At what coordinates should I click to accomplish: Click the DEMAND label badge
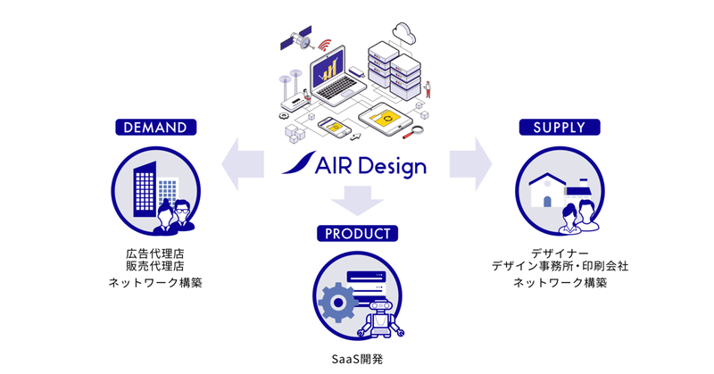pyautogui.click(x=155, y=127)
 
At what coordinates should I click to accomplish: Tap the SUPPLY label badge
pyautogui.click(x=560, y=127)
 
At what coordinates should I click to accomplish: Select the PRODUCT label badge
pyautogui.click(x=358, y=234)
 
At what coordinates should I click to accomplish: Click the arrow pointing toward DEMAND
pyautogui.click(x=242, y=164)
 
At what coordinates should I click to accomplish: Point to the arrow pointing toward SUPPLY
pyautogui.click(x=471, y=164)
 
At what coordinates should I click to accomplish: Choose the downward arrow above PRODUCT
pyautogui.click(x=358, y=201)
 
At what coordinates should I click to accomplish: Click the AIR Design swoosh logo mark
pyautogui.click(x=299, y=162)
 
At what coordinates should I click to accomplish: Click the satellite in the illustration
pyautogui.click(x=296, y=38)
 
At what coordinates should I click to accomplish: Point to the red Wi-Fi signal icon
pyautogui.click(x=325, y=45)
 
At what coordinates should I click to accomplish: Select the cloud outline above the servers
pyautogui.click(x=404, y=33)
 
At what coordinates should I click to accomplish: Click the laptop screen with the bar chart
pyautogui.click(x=329, y=68)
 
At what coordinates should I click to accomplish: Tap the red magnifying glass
pyautogui.click(x=412, y=133)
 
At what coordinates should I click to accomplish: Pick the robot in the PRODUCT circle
pyautogui.click(x=381, y=320)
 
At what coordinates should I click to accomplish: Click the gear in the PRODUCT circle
pyautogui.click(x=337, y=303)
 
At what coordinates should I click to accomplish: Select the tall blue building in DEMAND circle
pyautogui.click(x=145, y=189)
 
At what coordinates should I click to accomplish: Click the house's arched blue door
pyautogui.click(x=547, y=201)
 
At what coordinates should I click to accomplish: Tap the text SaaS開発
pyautogui.click(x=358, y=360)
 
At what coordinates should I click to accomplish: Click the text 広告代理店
pyautogui.click(x=155, y=253)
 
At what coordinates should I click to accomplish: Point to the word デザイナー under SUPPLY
pyautogui.click(x=560, y=253)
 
